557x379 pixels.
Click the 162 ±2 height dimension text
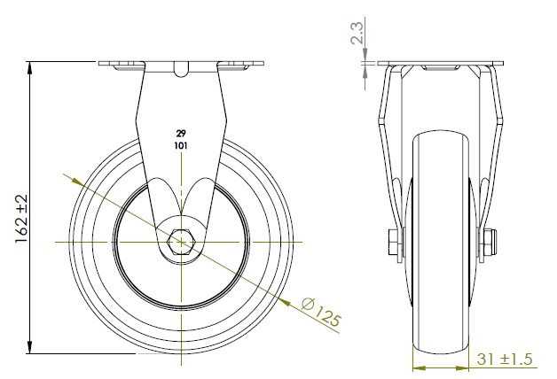(21, 219)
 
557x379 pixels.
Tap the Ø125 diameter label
(321, 312)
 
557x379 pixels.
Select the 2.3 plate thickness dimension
(357, 33)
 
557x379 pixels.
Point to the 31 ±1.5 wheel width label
(505, 360)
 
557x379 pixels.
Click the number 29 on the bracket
(181, 134)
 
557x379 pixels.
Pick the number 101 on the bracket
(181, 145)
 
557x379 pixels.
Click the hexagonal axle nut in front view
(181, 242)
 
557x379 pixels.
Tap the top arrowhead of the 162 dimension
(30, 67)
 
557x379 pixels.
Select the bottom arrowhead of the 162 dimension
(30, 347)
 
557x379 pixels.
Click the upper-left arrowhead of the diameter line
(78, 182)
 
